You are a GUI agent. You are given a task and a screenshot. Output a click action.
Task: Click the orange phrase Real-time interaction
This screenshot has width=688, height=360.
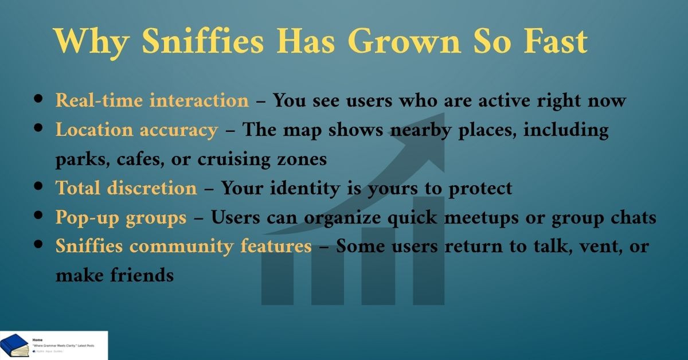pyautogui.click(x=152, y=101)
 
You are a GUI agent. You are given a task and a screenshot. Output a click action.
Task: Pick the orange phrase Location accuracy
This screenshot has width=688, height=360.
pyautogui.click(x=136, y=130)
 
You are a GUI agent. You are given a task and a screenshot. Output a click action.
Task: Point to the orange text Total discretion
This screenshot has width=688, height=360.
pyautogui.click(x=126, y=188)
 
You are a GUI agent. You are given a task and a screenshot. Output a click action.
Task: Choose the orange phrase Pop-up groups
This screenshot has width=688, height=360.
pyautogui.click(x=121, y=217)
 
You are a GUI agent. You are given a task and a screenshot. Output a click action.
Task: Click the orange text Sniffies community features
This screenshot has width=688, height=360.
pyautogui.click(x=183, y=246)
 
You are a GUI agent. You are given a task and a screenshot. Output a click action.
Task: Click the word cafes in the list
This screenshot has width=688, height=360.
pyautogui.click(x=134, y=159)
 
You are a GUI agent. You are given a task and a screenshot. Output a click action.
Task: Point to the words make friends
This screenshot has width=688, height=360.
pyautogui.click(x=115, y=276)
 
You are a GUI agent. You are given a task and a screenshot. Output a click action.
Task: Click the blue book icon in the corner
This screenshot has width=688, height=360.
pyautogui.click(x=14, y=345)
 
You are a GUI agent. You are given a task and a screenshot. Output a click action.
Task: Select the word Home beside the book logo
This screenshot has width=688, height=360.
pyautogui.click(x=38, y=339)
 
